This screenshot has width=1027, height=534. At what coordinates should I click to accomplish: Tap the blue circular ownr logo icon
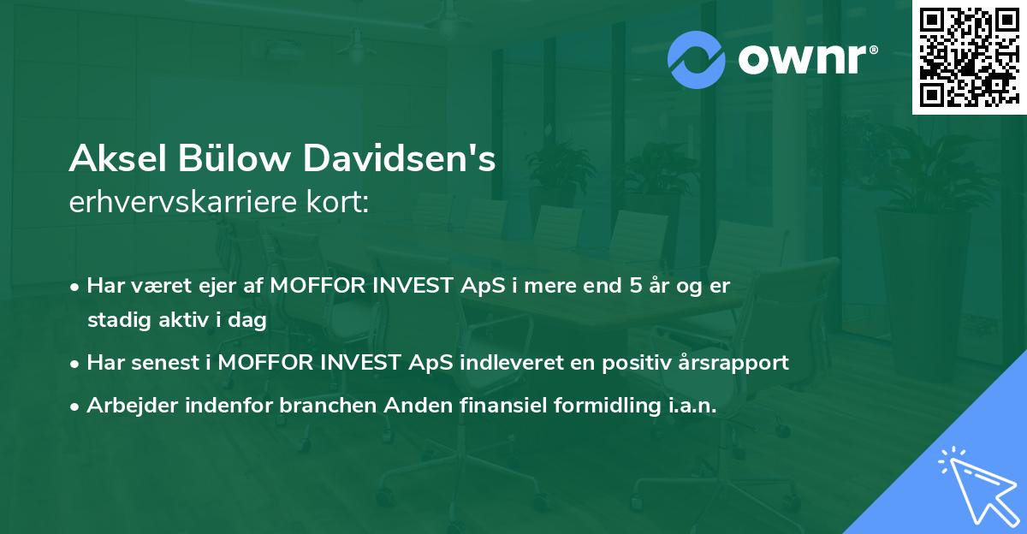tap(696, 60)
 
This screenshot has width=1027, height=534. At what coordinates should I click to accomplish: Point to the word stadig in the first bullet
tap(115, 320)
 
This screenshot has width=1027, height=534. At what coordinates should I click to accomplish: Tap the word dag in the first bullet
tap(248, 320)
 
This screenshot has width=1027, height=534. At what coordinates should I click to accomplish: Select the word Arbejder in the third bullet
tap(127, 406)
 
